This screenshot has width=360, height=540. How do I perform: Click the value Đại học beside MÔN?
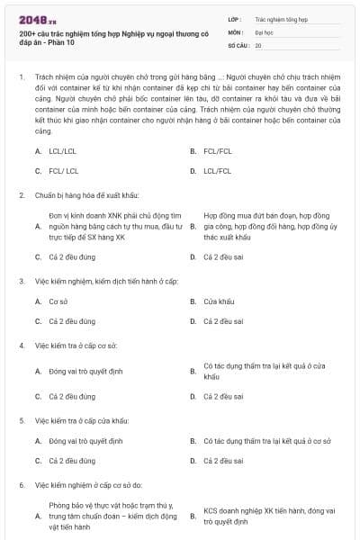pos(265,31)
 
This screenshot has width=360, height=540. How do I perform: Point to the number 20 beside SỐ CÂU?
pos(258,45)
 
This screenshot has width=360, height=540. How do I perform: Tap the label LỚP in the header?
pos(235,18)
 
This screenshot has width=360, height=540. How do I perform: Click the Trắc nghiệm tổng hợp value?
pos(280,18)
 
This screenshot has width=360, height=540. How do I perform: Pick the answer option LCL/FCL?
pos(217,170)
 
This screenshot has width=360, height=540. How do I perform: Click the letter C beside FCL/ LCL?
pos(38,170)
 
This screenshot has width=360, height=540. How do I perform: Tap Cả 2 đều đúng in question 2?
pos(72,256)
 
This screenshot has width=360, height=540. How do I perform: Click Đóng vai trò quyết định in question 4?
pos(85,370)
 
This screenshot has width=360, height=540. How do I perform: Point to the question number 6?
pos(21,485)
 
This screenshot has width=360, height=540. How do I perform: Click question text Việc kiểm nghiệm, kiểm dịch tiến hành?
pos(99,281)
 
